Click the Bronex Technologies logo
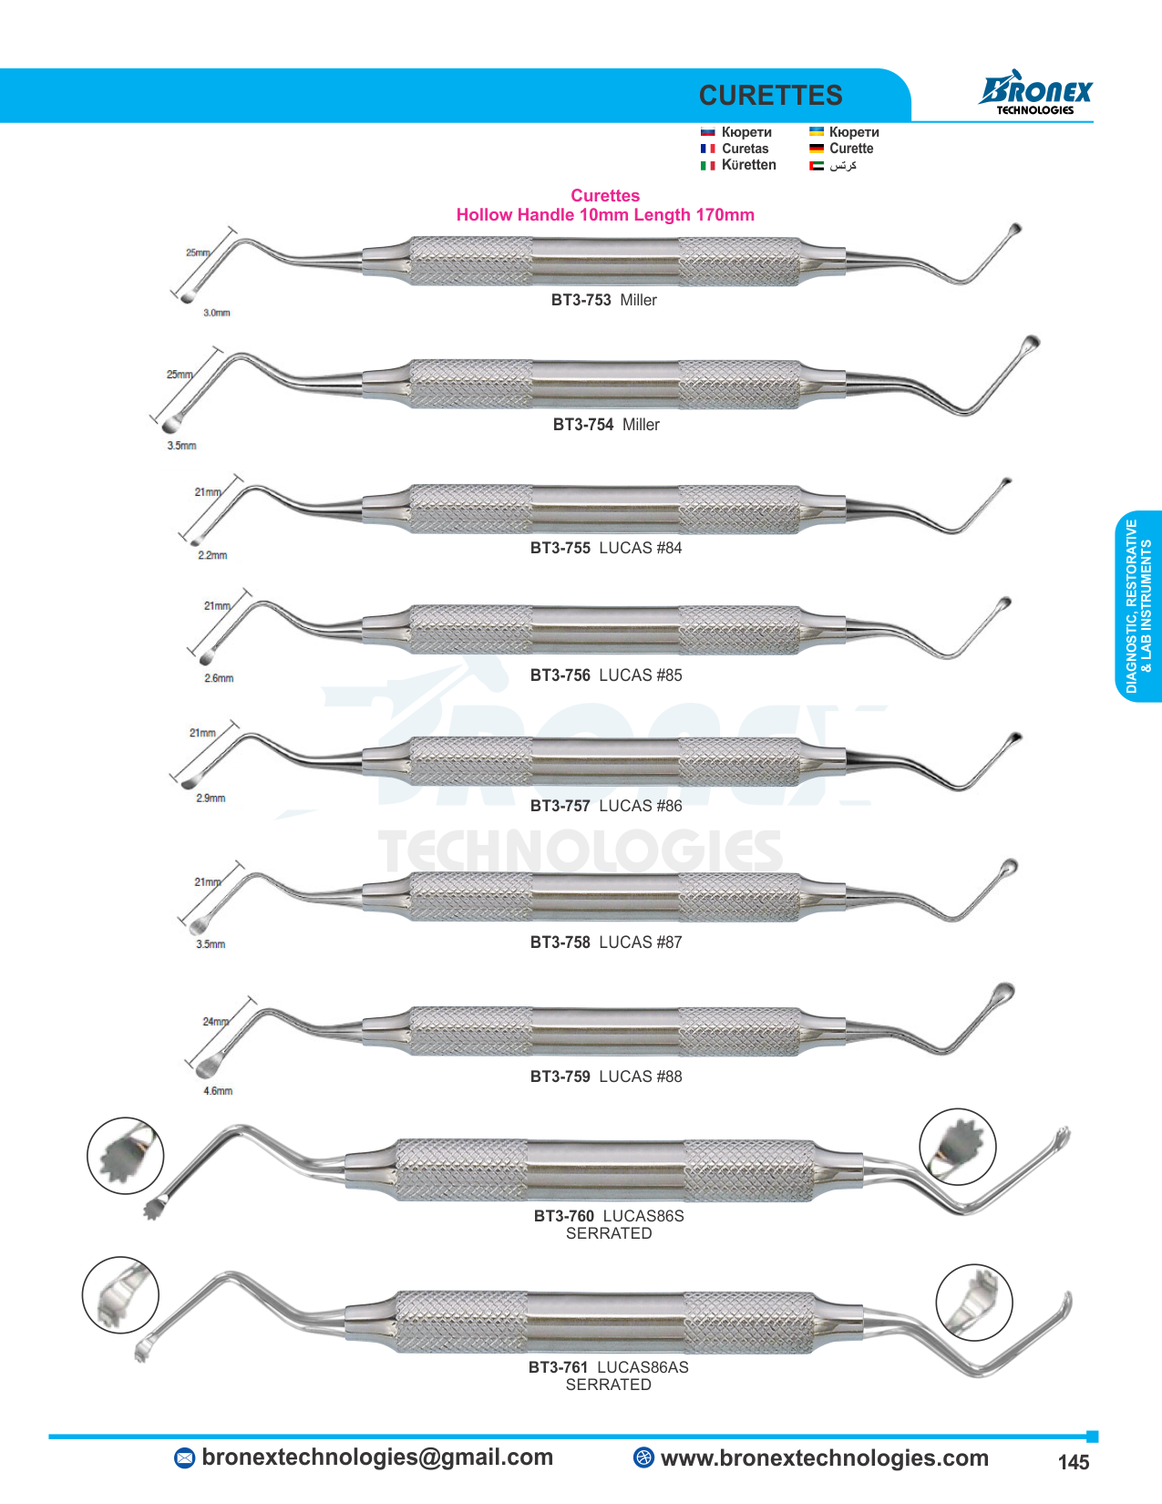(x=1035, y=93)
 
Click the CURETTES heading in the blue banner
(x=770, y=96)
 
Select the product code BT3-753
(x=581, y=300)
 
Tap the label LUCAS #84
(x=640, y=548)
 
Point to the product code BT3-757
(x=560, y=806)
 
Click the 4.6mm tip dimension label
(x=218, y=1091)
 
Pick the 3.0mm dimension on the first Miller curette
(x=217, y=313)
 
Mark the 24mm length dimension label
(x=215, y=1022)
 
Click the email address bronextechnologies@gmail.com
(x=377, y=1458)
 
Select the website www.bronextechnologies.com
(x=824, y=1458)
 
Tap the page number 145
(x=1074, y=1462)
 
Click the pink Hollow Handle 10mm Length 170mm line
(x=605, y=215)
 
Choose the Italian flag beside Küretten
(x=707, y=166)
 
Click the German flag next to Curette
(x=817, y=149)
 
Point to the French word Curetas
(x=745, y=149)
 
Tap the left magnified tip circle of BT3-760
(x=126, y=1156)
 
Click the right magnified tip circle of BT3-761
(x=974, y=1303)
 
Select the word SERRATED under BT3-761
(x=608, y=1385)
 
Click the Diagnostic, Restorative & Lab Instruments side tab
(x=1139, y=606)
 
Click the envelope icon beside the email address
(x=184, y=1458)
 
